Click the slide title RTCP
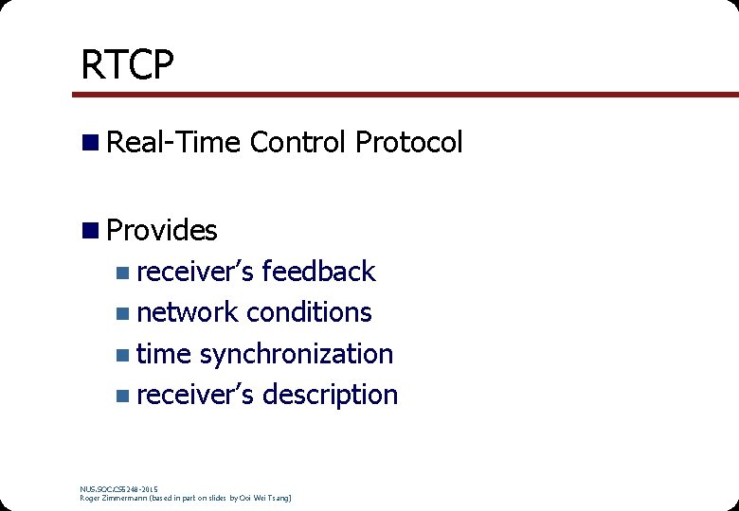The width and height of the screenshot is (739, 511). tap(127, 65)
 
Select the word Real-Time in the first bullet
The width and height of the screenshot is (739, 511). tap(175, 143)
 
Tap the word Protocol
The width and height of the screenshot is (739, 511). tap(408, 143)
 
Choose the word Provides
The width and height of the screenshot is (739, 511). tap(162, 230)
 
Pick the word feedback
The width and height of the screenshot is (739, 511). tap(318, 272)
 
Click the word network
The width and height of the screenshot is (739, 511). tap(188, 312)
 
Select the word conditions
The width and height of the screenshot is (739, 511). tap(309, 312)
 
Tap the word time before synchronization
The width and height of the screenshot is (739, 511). tap(164, 354)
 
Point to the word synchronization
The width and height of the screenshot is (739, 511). tap(296, 354)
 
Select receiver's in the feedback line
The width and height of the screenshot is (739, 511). tap(195, 272)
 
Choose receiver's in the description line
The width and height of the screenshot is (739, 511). tap(195, 395)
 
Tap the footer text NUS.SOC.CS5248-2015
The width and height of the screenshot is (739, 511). tap(119, 488)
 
